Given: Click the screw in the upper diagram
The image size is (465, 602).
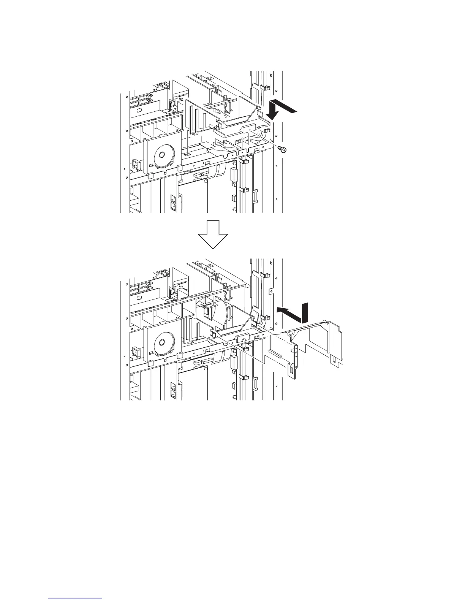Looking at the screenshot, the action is coord(283,149).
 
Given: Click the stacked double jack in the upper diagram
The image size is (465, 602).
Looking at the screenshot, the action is coord(173,203).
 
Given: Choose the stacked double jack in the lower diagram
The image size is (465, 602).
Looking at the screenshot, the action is coord(173,390).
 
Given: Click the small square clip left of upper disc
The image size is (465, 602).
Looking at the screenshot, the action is coord(135,164).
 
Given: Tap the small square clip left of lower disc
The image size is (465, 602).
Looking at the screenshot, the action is coord(135,352).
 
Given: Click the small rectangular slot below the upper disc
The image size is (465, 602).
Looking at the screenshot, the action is coord(152,166).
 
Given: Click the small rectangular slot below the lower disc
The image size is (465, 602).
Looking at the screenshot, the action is coord(152,353).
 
